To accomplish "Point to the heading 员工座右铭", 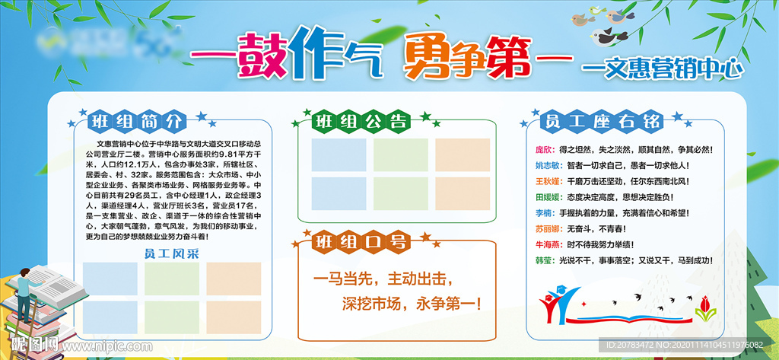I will pyautogui.click(x=600, y=122).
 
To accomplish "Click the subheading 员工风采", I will pyautogui.click(x=171, y=255).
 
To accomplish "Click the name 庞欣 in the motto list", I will pyautogui.click(x=545, y=150).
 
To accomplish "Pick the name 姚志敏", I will pyautogui.click(x=548, y=165).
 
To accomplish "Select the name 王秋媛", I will pyautogui.click(x=548, y=181).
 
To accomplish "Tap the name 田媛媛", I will pyautogui.click(x=548, y=197).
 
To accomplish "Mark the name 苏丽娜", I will pyautogui.click(x=548, y=229).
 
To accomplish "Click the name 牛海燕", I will pyautogui.click(x=548, y=245).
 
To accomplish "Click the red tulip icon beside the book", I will pyautogui.click(x=703, y=305).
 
